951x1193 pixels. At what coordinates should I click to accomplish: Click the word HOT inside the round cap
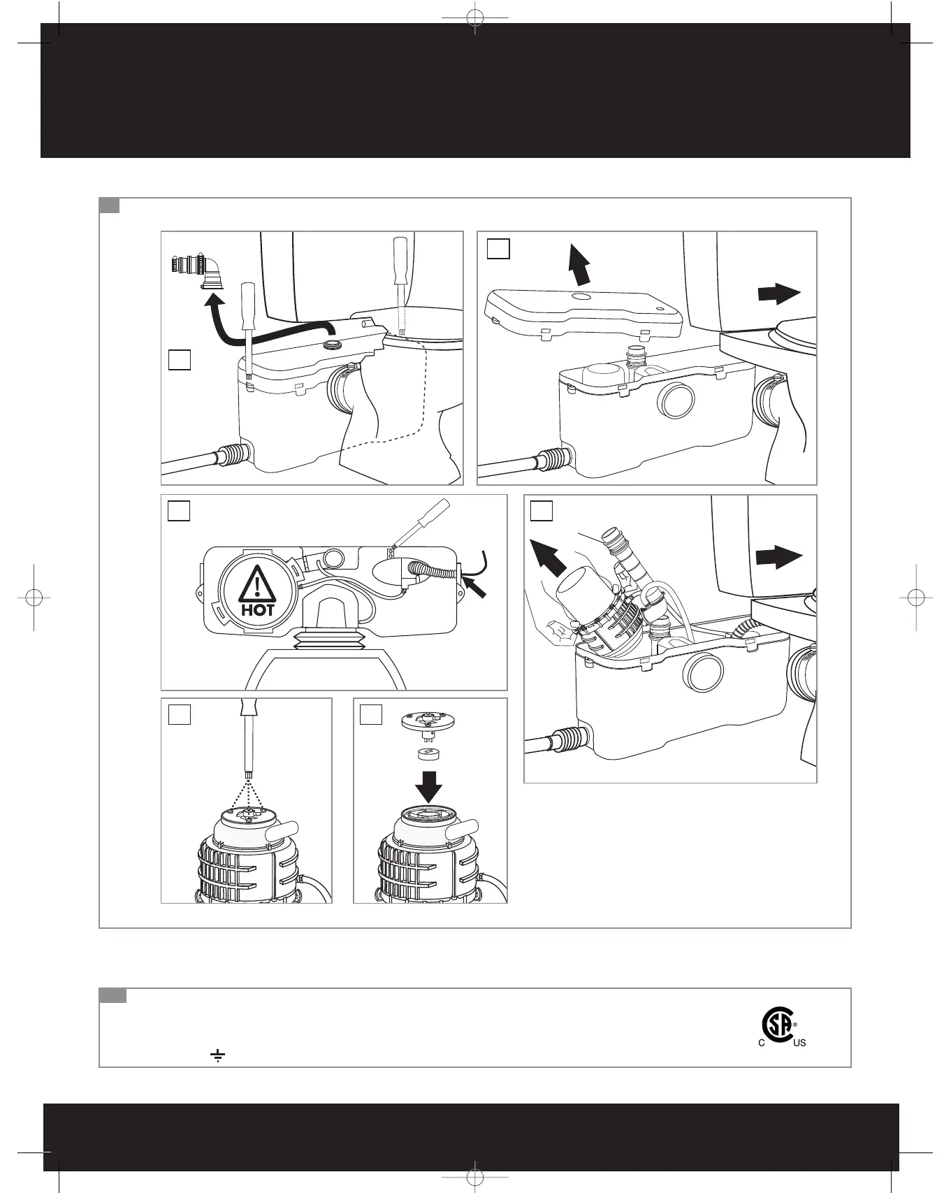(258, 609)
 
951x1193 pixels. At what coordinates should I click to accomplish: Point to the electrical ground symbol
(217, 1055)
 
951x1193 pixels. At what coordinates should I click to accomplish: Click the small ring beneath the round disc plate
(428, 753)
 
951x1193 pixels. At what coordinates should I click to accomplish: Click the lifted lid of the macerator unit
(583, 312)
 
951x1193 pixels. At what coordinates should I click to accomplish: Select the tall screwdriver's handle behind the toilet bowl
(400, 260)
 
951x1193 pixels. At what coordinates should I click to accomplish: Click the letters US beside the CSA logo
(799, 1043)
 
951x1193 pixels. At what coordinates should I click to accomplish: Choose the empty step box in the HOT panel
(179, 511)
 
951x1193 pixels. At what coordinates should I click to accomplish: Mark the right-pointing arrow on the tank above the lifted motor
(778, 558)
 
